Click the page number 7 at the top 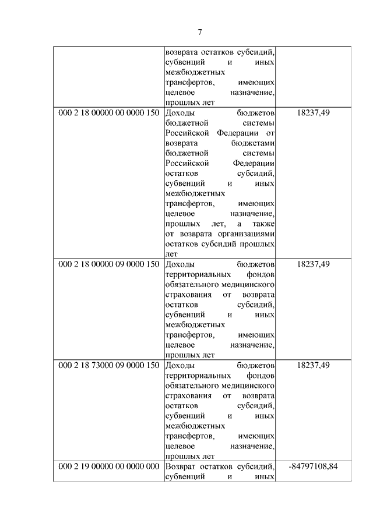pyautogui.click(x=199, y=31)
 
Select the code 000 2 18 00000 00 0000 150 pyautogui.click(x=109, y=112)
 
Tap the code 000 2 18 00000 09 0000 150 pyautogui.click(x=109, y=264)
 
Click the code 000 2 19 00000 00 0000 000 pyautogui.click(x=109, y=466)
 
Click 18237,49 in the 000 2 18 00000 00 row pyautogui.click(x=313, y=112)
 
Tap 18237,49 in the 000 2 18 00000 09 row pyautogui.click(x=313, y=264)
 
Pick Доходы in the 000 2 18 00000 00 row pyautogui.click(x=180, y=112)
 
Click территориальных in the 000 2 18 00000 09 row pyautogui.click(x=195, y=274)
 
